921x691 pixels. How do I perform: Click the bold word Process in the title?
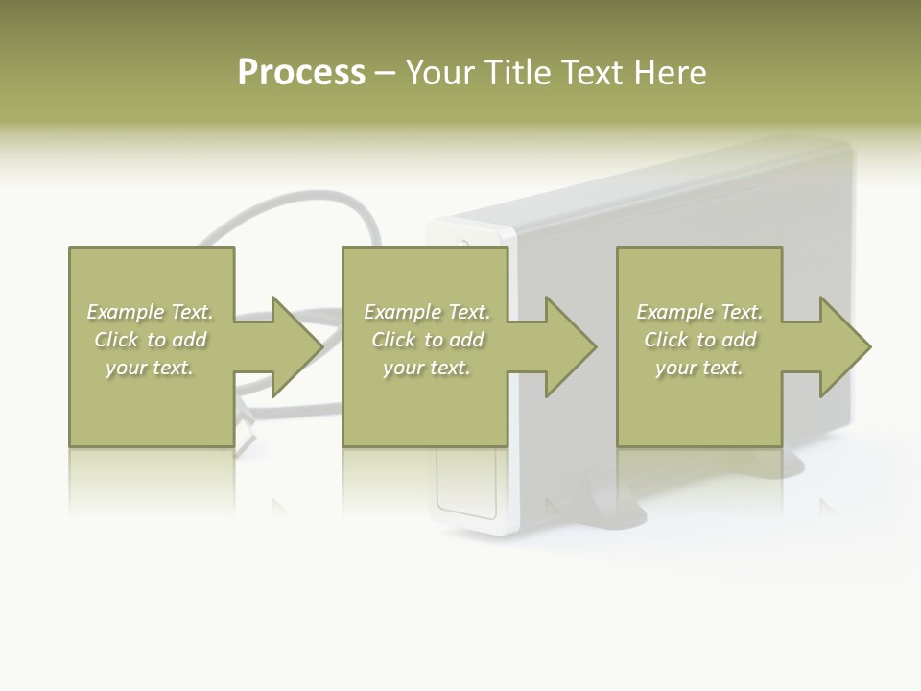[x=301, y=73]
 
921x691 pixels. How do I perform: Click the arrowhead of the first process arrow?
[x=297, y=346]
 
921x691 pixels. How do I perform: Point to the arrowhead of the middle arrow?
[x=571, y=346]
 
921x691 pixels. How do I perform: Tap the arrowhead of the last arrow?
[x=845, y=346]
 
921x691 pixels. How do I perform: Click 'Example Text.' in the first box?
[x=150, y=312]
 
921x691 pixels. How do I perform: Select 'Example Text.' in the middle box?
[x=427, y=312]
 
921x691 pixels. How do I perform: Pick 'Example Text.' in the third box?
[x=699, y=312]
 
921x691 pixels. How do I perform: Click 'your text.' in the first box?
[x=150, y=368]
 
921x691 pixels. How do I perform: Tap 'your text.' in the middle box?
[x=427, y=368]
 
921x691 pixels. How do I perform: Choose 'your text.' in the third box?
[x=699, y=368]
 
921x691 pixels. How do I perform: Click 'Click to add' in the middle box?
[x=427, y=340]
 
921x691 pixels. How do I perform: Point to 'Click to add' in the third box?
[x=699, y=340]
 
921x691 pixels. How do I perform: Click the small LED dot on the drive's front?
[x=465, y=243]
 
